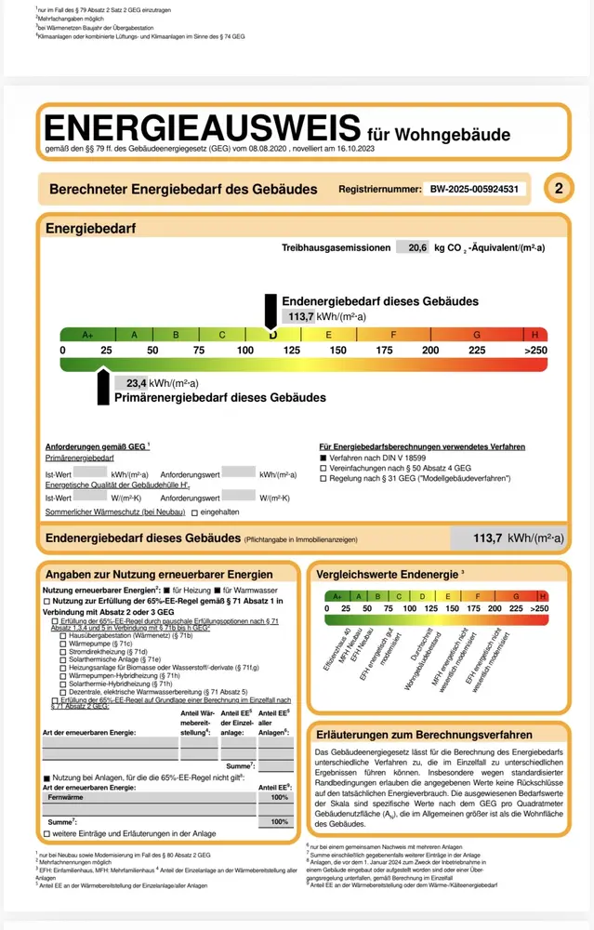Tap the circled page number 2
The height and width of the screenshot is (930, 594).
(x=558, y=189)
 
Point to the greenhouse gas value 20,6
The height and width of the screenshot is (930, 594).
(x=411, y=248)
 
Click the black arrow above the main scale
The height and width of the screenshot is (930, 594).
(x=271, y=310)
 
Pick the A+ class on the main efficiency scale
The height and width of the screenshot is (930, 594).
(x=88, y=335)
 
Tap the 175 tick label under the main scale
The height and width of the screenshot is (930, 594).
(x=384, y=351)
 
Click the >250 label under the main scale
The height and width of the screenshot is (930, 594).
(x=535, y=351)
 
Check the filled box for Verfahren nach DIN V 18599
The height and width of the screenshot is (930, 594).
(x=323, y=458)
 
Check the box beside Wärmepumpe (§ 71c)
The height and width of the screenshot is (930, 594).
(x=62, y=644)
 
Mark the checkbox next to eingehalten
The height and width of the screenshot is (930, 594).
(x=194, y=512)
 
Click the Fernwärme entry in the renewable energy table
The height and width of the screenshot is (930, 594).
(x=66, y=798)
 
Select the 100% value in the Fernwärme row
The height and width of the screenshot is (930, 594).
(x=279, y=798)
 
